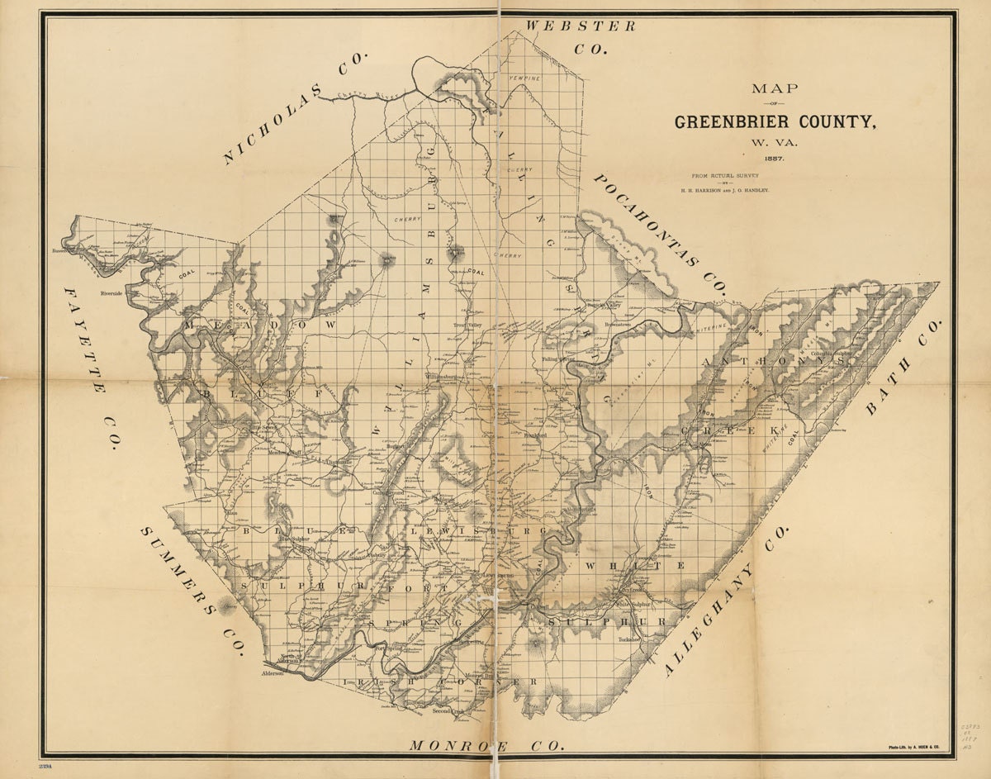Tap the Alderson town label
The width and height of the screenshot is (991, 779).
pos(273,674)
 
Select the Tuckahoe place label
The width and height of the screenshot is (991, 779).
pos(631,639)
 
